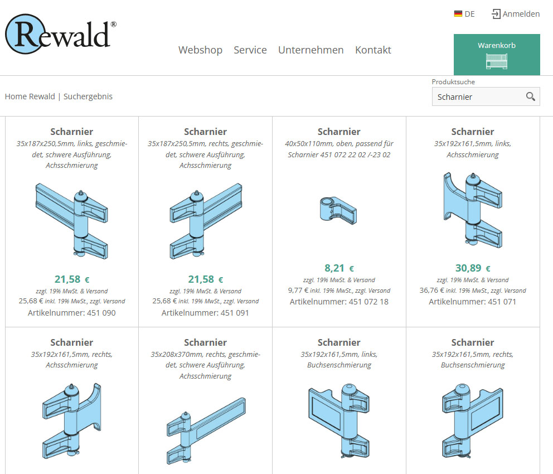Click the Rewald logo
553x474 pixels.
click(61, 34)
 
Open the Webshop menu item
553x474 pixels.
click(200, 50)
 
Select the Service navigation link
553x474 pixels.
click(250, 50)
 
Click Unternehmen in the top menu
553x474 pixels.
click(311, 50)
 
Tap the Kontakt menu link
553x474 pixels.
click(373, 50)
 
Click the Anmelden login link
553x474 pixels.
click(516, 14)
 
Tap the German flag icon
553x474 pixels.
click(458, 14)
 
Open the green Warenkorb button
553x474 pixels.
click(497, 55)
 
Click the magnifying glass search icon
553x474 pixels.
click(531, 96)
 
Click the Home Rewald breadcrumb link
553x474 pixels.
click(30, 96)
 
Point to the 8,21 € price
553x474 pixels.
click(339, 268)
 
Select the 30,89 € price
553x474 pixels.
click(473, 268)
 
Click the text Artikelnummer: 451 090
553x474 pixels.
click(71, 313)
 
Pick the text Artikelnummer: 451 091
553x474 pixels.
click(205, 313)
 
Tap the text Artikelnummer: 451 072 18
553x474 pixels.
click(339, 302)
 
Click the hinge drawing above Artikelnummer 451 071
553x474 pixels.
click(473, 210)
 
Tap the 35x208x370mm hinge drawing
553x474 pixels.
click(206, 431)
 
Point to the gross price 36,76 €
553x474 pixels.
click(431, 290)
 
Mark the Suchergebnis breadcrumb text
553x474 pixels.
click(88, 96)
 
